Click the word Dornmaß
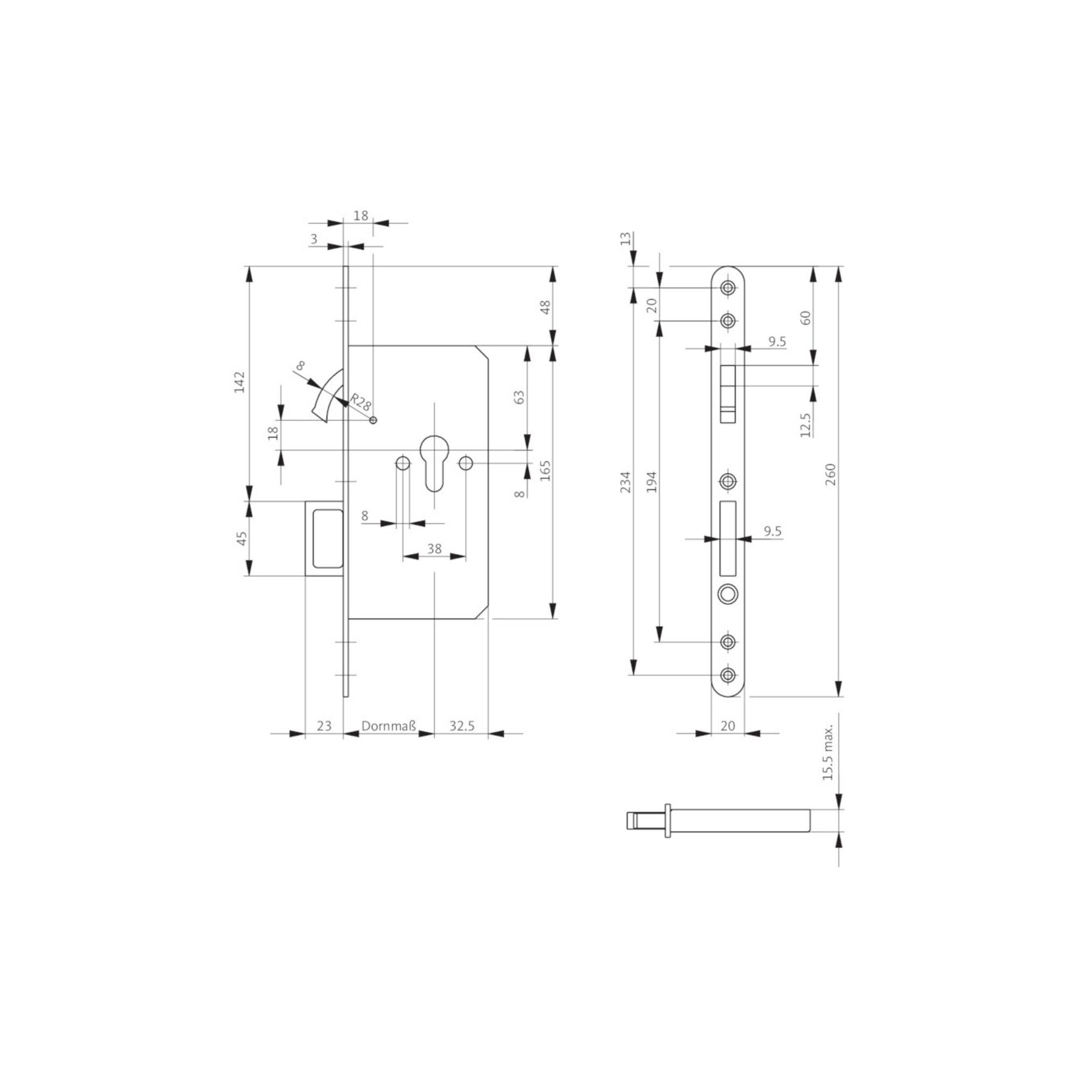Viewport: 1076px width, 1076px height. coord(389,726)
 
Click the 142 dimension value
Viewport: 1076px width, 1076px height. coord(239,382)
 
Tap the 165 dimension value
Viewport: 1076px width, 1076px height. coord(545,471)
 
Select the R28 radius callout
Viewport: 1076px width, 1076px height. coord(360,402)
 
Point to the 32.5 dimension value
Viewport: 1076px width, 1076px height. coord(462,726)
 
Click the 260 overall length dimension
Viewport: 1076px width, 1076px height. coord(830,474)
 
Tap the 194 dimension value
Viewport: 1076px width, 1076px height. coord(652,482)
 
